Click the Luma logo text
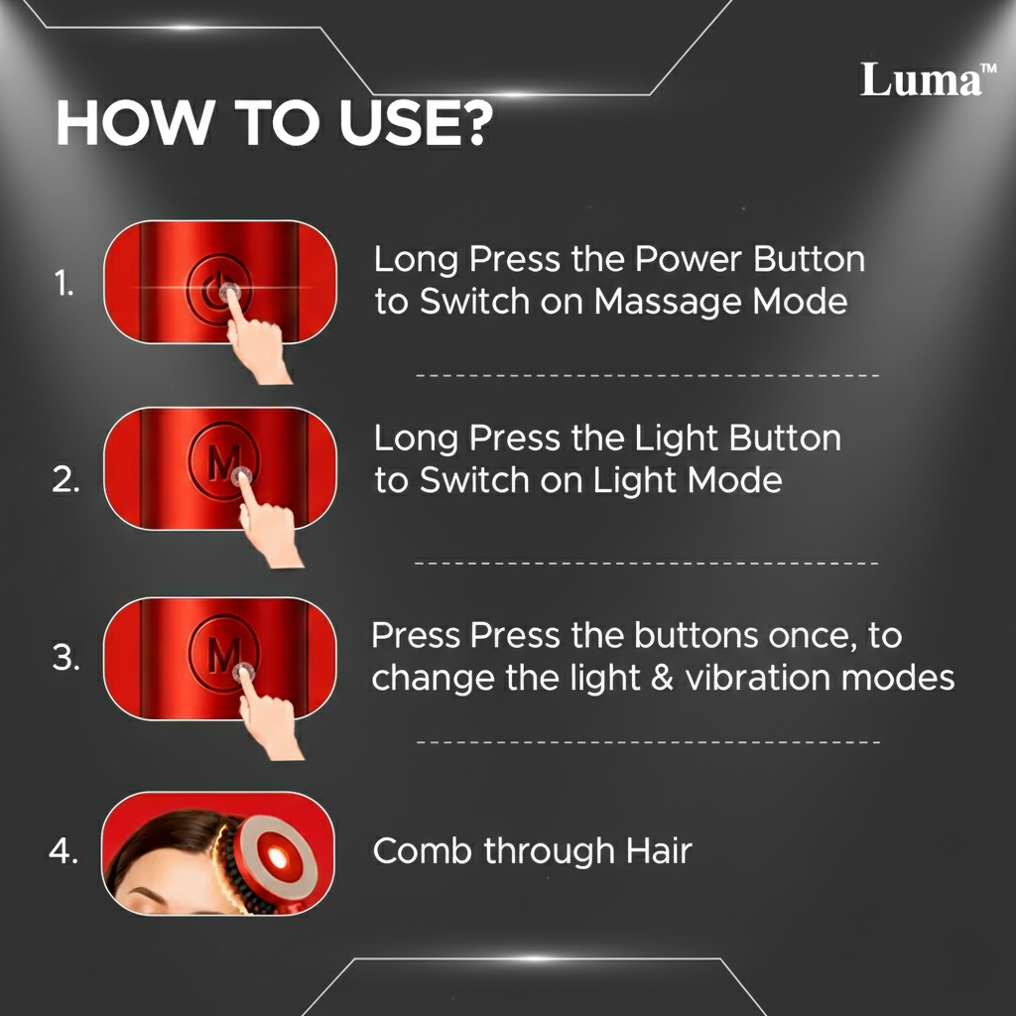(x=918, y=79)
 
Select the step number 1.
(x=63, y=286)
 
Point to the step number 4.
(x=63, y=851)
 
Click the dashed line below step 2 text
(x=645, y=563)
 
